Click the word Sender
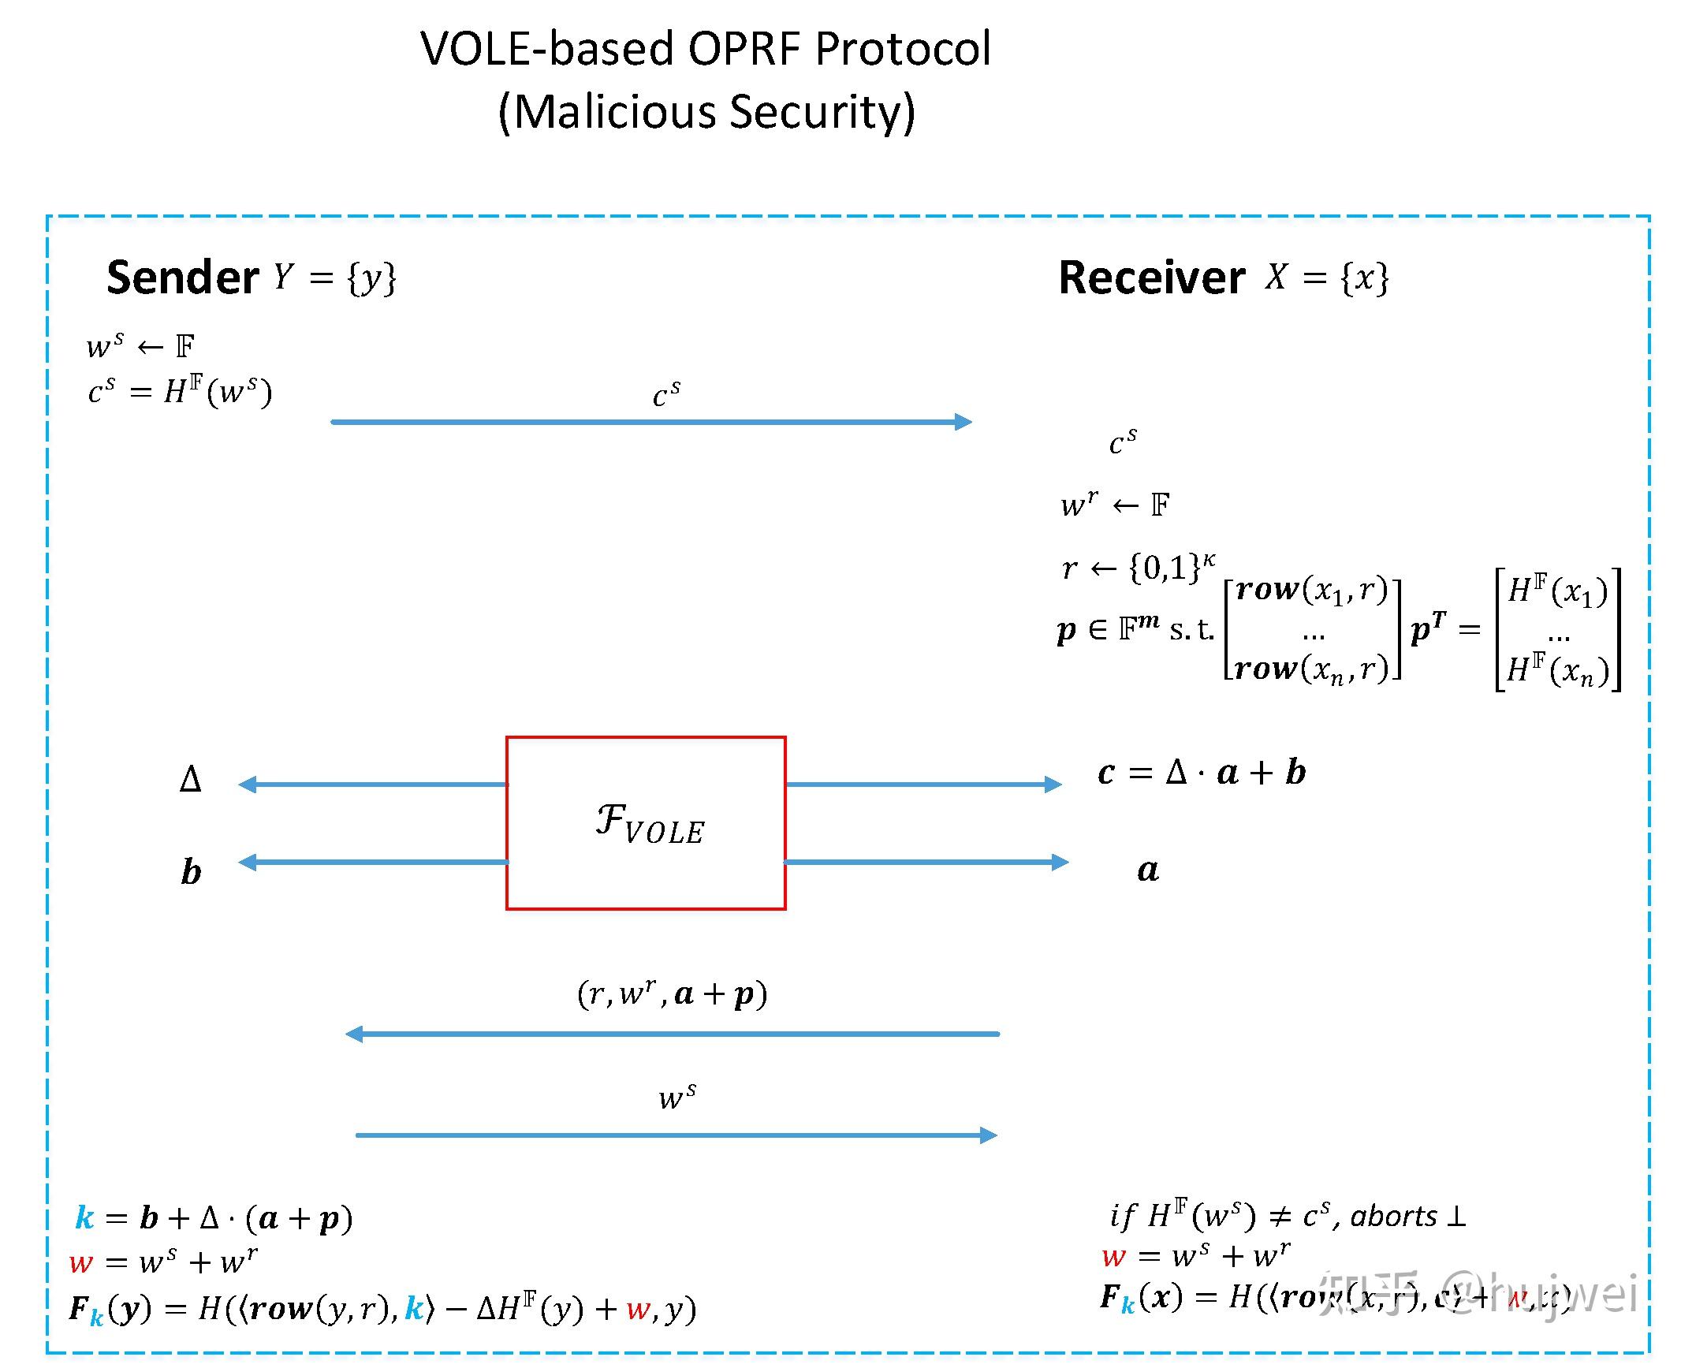(182, 278)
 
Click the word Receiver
(1151, 278)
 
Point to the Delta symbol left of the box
(190, 780)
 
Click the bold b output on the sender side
(191, 871)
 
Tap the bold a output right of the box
(1148, 870)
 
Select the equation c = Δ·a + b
(1202, 772)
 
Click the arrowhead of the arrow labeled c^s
(963, 422)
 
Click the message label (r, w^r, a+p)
(672, 993)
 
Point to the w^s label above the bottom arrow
(677, 1096)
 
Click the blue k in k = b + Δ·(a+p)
(84, 1217)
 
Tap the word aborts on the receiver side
(1393, 1216)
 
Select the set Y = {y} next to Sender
(335, 278)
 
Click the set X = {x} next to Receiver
(1327, 278)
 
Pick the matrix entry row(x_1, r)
(1311, 589)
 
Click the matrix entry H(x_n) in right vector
(1557, 670)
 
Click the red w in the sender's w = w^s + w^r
(80, 1262)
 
